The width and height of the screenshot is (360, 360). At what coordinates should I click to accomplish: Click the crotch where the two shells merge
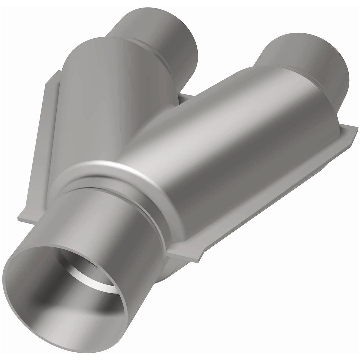click(140, 133)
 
